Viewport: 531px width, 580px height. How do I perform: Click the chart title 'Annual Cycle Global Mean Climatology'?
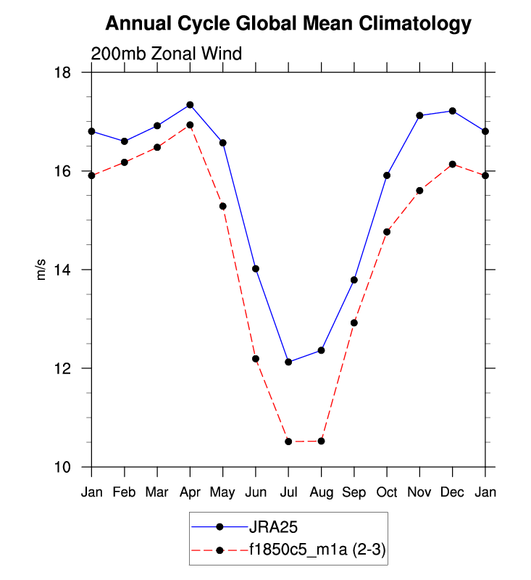tap(288, 24)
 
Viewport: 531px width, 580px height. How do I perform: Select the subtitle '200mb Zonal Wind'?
tap(166, 54)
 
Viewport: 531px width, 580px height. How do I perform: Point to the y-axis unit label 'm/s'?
tap(41, 270)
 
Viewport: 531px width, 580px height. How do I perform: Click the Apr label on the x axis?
tap(190, 492)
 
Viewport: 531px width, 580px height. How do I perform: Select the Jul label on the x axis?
tap(288, 492)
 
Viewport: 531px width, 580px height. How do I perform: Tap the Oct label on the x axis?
tap(387, 492)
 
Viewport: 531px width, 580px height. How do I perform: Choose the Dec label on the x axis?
tap(452, 492)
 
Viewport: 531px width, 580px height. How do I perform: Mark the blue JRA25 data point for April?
tap(190, 104)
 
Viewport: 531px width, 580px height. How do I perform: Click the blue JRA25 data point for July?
tap(288, 362)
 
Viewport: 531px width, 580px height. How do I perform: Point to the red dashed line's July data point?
tap(288, 442)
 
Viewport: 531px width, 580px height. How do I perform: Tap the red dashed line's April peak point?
tap(190, 125)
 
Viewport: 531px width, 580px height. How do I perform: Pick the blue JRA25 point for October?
tap(387, 175)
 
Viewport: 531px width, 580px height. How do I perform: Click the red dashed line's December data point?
tap(452, 164)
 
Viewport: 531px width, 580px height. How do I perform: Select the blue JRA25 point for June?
tap(256, 269)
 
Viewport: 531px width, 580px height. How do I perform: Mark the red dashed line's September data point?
tap(354, 323)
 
